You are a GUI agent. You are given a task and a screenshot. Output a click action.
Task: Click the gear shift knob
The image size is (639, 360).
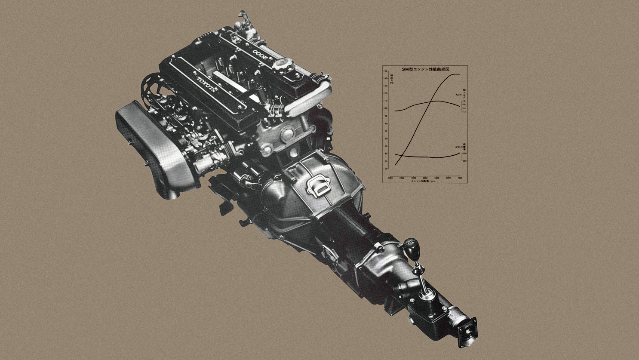pos(411,248)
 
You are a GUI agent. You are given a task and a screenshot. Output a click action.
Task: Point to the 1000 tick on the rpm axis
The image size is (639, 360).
pos(390,178)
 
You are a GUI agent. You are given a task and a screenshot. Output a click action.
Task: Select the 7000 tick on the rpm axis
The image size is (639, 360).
pos(460,178)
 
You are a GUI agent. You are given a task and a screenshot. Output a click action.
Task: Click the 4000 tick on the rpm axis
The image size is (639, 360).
pos(425,178)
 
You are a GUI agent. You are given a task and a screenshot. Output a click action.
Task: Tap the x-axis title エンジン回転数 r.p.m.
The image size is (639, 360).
pos(423,181)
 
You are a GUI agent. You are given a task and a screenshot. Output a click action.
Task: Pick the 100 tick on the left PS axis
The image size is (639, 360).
pos(386,108)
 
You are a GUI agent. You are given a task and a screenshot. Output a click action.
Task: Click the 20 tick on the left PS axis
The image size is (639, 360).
pos(386,168)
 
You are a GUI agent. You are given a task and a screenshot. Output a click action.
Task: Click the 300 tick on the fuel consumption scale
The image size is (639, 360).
pos(465,153)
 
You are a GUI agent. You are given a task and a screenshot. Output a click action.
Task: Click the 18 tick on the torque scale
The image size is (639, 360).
pos(465,101)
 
